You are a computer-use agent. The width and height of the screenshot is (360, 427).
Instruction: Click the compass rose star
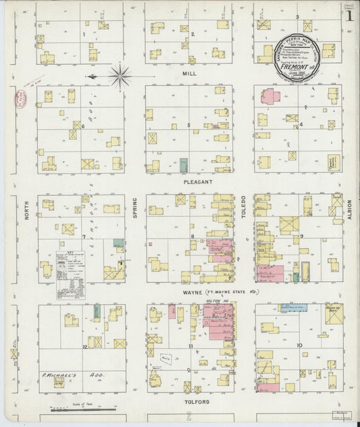tap(120, 76)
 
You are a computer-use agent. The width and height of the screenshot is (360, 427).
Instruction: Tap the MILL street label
tap(190, 72)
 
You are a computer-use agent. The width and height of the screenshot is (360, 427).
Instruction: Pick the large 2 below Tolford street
tap(190, 416)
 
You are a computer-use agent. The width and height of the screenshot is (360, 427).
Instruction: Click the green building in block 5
tap(184, 166)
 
